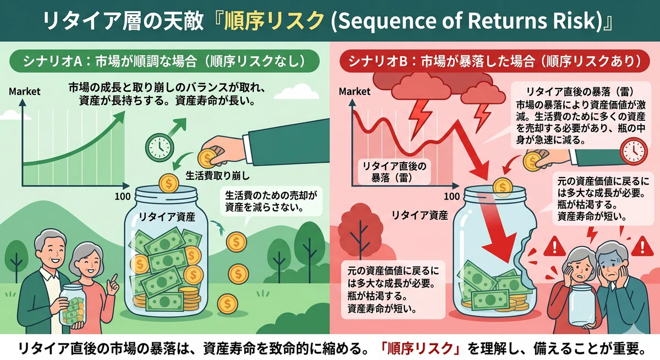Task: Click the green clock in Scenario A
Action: coord(159,147)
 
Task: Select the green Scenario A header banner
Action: coord(164,61)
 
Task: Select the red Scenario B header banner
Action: coord(494,61)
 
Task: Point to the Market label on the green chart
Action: coord(24,92)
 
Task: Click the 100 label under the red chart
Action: coord(452,196)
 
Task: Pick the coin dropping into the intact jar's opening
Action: coord(169,184)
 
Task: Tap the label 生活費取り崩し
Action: coord(217,176)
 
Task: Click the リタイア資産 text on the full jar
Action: coord(167,217)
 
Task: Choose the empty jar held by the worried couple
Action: coord(581,306)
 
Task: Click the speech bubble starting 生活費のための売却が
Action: coord(271,202)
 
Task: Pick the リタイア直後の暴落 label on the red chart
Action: coord(394,172)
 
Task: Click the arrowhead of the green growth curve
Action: coord(120,115)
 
